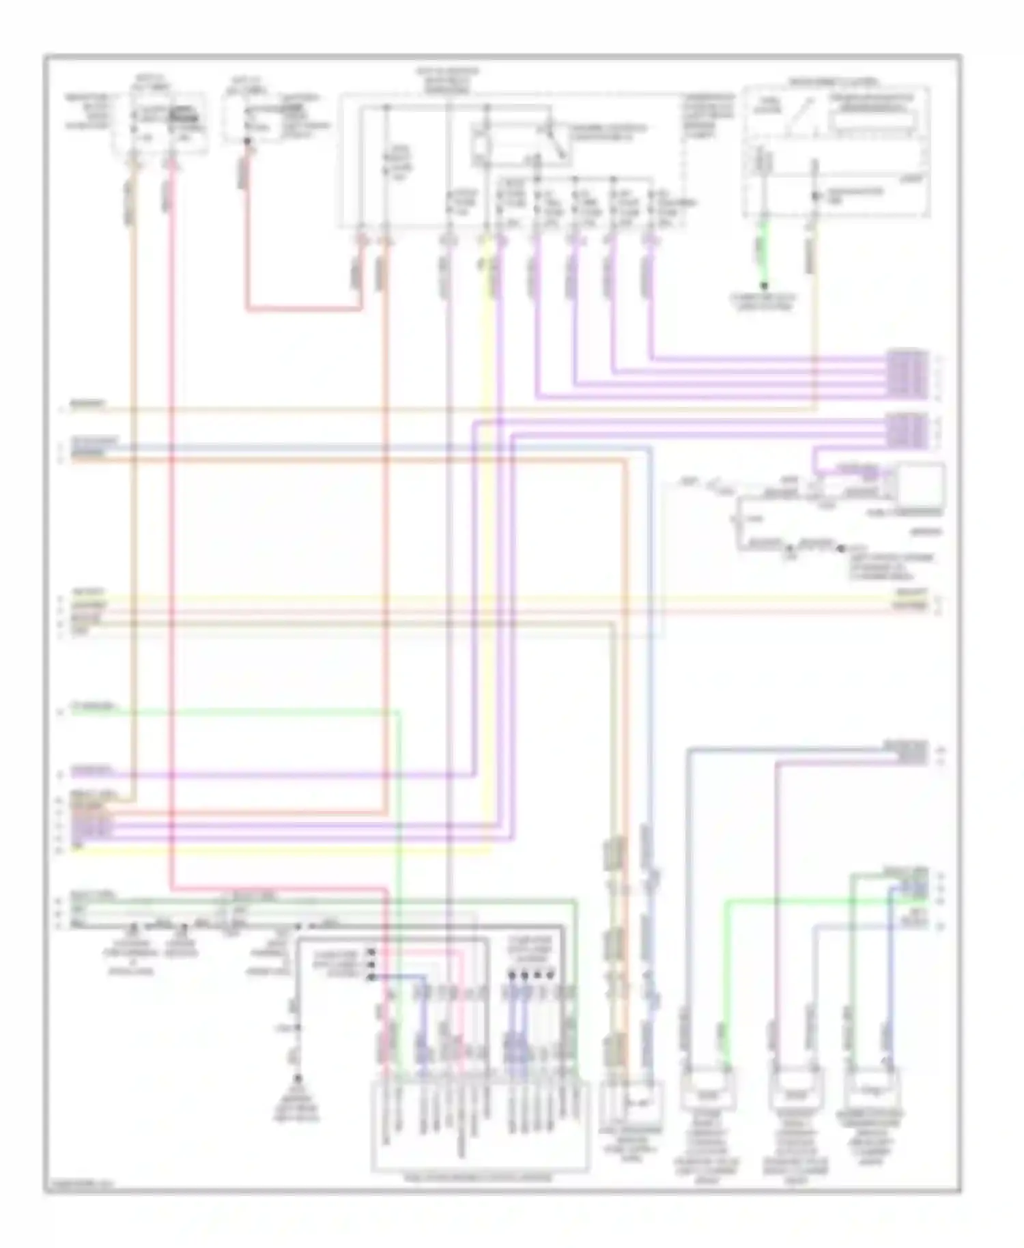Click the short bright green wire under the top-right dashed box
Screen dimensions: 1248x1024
(764, 253)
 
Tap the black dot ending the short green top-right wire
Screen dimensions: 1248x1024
(764, 285)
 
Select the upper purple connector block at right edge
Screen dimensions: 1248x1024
(907, 373)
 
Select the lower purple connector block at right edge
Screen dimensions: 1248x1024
(907, 431)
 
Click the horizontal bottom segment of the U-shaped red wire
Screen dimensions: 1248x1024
(304, 309)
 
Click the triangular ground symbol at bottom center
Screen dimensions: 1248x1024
(298, 1081)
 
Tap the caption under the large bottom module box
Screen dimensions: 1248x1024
(480, 1178)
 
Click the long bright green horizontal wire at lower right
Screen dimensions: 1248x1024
(819, 900)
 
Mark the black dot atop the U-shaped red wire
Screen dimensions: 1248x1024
(247, 142)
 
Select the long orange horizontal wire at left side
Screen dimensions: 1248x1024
(341, 461)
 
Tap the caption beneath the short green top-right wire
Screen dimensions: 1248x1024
(764, 302)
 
